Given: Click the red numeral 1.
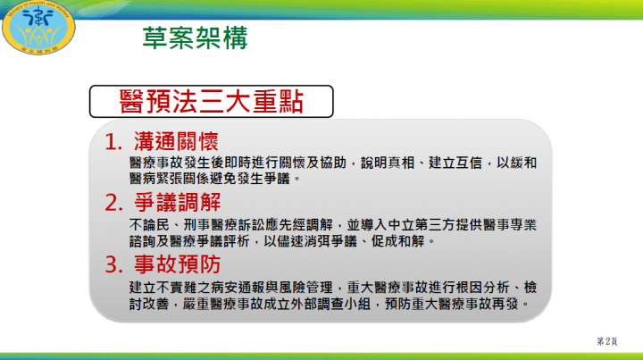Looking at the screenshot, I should (x=113, y=144).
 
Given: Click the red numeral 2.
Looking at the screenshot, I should (x=113, y=201).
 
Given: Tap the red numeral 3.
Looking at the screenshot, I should (x=113, y=265).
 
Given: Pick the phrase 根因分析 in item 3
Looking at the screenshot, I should (x=487, y=288).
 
